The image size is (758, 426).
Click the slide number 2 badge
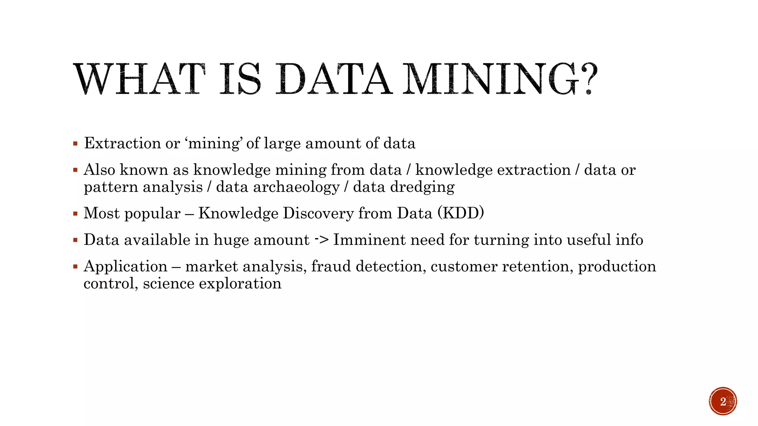click(x=723, y=401)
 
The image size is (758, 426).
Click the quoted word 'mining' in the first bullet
click(x=214, y=143)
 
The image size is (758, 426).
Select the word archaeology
click(x=296, y=187)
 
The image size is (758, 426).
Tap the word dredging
click(x=422, y=187)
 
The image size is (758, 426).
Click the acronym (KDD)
click(x=460, y=213)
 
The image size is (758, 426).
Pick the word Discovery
click(x=318, y=213)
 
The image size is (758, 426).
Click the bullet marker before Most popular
click(x=76, y=213)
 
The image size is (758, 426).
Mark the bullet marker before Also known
click(x=76, y=170)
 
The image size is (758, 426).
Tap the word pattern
click(x=111, y=187)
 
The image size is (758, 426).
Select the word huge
click(x=231, y=240)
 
